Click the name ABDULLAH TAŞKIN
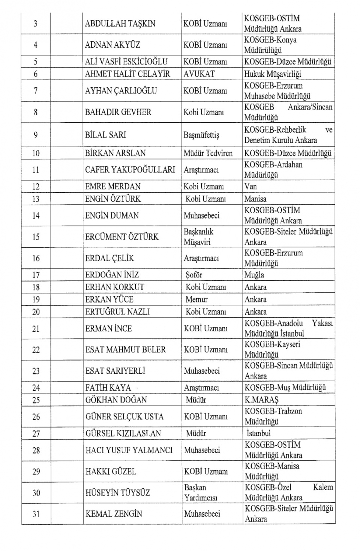120,24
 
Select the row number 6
36,74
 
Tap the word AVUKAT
199,74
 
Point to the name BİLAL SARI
105,135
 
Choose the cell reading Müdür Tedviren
208,153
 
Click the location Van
250,186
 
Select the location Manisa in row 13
255,199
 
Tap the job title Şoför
194,275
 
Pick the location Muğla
254,275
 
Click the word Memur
196,299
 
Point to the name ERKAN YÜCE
109,299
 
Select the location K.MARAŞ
261,400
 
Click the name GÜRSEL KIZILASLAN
123,434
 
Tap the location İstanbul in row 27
258,434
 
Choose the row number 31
36,514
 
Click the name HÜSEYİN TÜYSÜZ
118,493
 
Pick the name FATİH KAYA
108,388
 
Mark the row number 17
36,275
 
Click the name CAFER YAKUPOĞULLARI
130,170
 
